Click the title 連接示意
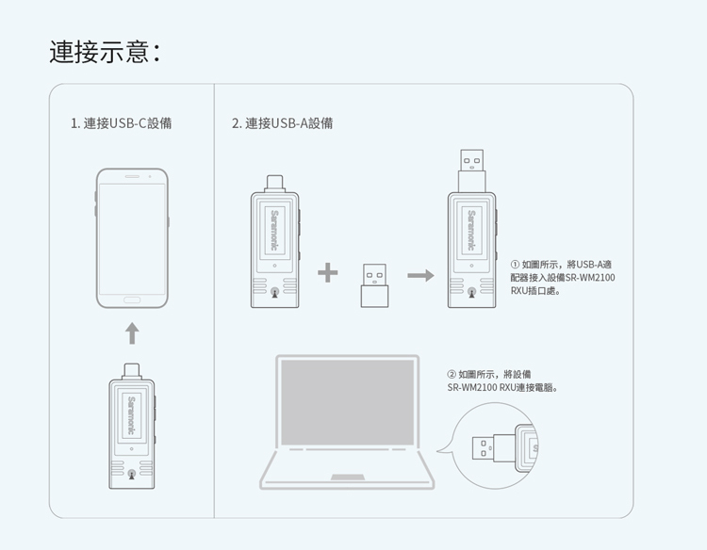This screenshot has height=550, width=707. click(x=104, y=52)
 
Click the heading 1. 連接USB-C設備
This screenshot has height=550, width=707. click(x=122, y=123)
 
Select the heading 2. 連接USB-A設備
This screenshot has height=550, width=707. click(x=282, y=123)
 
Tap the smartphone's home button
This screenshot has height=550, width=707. click(x=132, y=300)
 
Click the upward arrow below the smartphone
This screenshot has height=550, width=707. click(x=132, y=333)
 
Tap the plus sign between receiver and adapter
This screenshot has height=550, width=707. click(x=328, y=273)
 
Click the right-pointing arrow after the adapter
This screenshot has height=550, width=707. click(x=420, y=275)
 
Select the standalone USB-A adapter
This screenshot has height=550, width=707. click(x=374, y=285)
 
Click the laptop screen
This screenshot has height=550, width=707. click(x=347, y=402)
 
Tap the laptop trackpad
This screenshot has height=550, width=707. click(x=348, y=477)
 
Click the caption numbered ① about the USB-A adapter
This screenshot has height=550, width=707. click(x=563, y=278)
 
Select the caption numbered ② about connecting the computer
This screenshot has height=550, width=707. click(x=502, y=380)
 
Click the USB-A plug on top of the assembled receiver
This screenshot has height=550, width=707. click(x=471, y=170)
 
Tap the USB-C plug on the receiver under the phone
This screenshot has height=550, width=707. click(x=132, y=372)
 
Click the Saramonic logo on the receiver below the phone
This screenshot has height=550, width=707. click(x=132, y=415)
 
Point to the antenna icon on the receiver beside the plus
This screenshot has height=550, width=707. click(x=274, y=292)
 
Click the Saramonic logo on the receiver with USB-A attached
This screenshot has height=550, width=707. click(x=471, y=230)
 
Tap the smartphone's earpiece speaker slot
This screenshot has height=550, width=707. click(x=132, y=176)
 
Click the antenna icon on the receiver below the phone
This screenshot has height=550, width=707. click(x=132, y=475)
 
